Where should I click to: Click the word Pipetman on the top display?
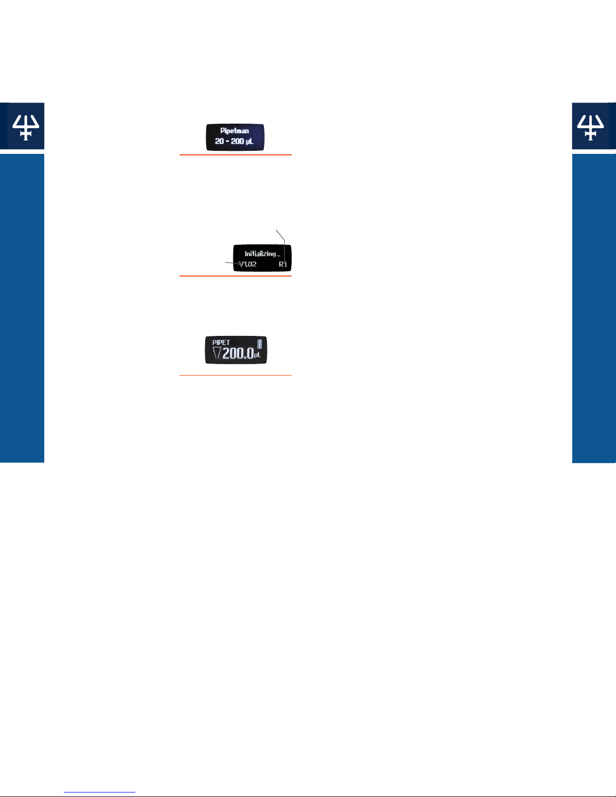(234, 131)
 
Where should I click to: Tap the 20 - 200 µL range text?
(234, 141)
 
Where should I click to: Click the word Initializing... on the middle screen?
(262, 253)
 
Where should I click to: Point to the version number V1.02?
(247, 264)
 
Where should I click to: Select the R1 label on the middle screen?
(282, 264)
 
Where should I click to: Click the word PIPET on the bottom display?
(221, 342)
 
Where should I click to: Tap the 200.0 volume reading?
(238, 353)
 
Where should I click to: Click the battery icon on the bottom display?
(259, 344)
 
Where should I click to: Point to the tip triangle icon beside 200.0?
(217, 352)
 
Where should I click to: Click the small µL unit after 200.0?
(257, 355)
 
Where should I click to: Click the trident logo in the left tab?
(26, 127)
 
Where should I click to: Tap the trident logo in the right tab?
(590, 127)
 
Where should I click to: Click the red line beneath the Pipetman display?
(235, 155)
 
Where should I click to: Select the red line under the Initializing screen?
(235, 276)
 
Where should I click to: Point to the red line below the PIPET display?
(235, 375)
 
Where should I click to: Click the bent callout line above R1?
(285, 246)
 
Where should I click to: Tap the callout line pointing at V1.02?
(232, 263)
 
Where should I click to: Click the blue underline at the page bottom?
(100, 792)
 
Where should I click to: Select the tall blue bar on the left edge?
(22, 308)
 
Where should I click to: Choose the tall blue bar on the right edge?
(594, 308)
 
